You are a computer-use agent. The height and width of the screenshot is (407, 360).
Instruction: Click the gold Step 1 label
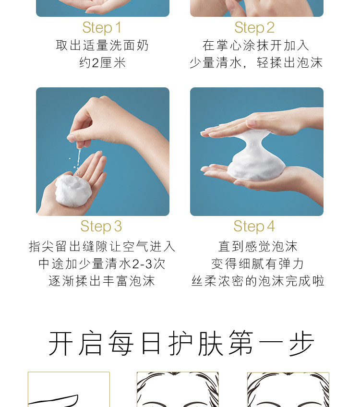102,28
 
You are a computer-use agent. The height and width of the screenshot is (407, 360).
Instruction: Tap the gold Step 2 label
254,28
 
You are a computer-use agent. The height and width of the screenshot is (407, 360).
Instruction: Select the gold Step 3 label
101,227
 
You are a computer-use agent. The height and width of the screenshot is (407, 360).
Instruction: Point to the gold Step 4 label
254,227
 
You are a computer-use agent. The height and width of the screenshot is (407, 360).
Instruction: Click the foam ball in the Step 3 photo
73,191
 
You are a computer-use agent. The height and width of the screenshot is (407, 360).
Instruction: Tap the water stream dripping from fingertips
78,158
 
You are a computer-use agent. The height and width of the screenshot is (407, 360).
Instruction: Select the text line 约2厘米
103,63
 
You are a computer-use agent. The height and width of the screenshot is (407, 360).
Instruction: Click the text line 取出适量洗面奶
102,46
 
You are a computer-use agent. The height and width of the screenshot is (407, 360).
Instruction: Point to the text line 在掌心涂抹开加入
256,46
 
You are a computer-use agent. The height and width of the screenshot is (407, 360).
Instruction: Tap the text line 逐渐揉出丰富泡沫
102,281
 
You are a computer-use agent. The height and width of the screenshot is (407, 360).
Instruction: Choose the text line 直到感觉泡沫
257,246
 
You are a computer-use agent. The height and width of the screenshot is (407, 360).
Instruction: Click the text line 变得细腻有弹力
257,263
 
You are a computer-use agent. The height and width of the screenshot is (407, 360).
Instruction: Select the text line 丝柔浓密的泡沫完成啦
258,281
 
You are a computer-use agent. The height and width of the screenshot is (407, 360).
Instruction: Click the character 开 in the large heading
61,343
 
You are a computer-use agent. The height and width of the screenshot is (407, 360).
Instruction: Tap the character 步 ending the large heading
301,343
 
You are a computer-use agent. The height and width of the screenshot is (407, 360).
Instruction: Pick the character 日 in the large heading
151,343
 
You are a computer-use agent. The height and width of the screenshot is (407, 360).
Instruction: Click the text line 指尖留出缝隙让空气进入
102,246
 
